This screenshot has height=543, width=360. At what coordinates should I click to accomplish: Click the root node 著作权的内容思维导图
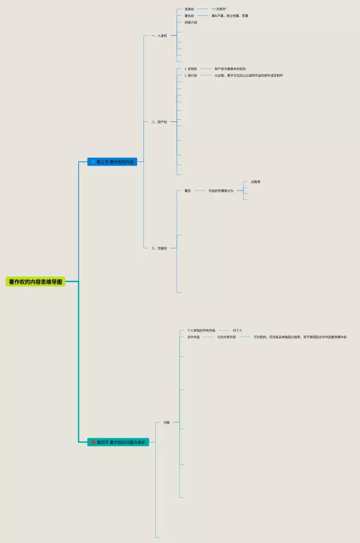tap(35, 281)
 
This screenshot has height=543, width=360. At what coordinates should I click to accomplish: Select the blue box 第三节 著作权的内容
tap(112, 162)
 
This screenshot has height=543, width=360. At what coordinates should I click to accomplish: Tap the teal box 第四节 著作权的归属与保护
tap(118, 442)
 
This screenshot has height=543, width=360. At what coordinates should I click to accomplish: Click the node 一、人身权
tap(159, 35)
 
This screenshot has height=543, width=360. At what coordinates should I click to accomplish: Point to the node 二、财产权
tap(159, 121)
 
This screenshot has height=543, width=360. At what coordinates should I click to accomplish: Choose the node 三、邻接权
tap(159, 248)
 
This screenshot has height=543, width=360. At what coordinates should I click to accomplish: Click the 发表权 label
tap(189, 9)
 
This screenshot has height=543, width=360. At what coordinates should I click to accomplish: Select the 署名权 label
tap(189, 16)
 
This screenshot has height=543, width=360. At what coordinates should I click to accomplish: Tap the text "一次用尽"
tap(219, 9)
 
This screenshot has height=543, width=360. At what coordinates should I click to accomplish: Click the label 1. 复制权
tap(191, 69)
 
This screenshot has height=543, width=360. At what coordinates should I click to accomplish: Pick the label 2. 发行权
tap(191, 75)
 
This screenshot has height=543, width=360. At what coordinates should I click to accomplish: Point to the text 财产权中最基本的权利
tap(230, 69)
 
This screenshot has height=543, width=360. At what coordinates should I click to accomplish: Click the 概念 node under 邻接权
tap(188, 191)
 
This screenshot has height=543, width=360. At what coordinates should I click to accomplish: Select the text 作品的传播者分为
tap(220, 191)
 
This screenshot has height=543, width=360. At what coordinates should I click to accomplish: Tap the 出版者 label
tap(255, 182)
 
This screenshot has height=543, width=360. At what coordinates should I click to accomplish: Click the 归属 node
tap(166, 422)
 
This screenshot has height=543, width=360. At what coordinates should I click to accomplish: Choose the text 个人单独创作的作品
tap(201, 330)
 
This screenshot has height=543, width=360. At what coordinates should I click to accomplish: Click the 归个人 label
tap(237, 330)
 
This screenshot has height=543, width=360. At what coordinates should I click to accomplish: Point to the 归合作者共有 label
tap(227, 337)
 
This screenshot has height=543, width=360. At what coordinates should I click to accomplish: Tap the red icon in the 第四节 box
tap(93, 442)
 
